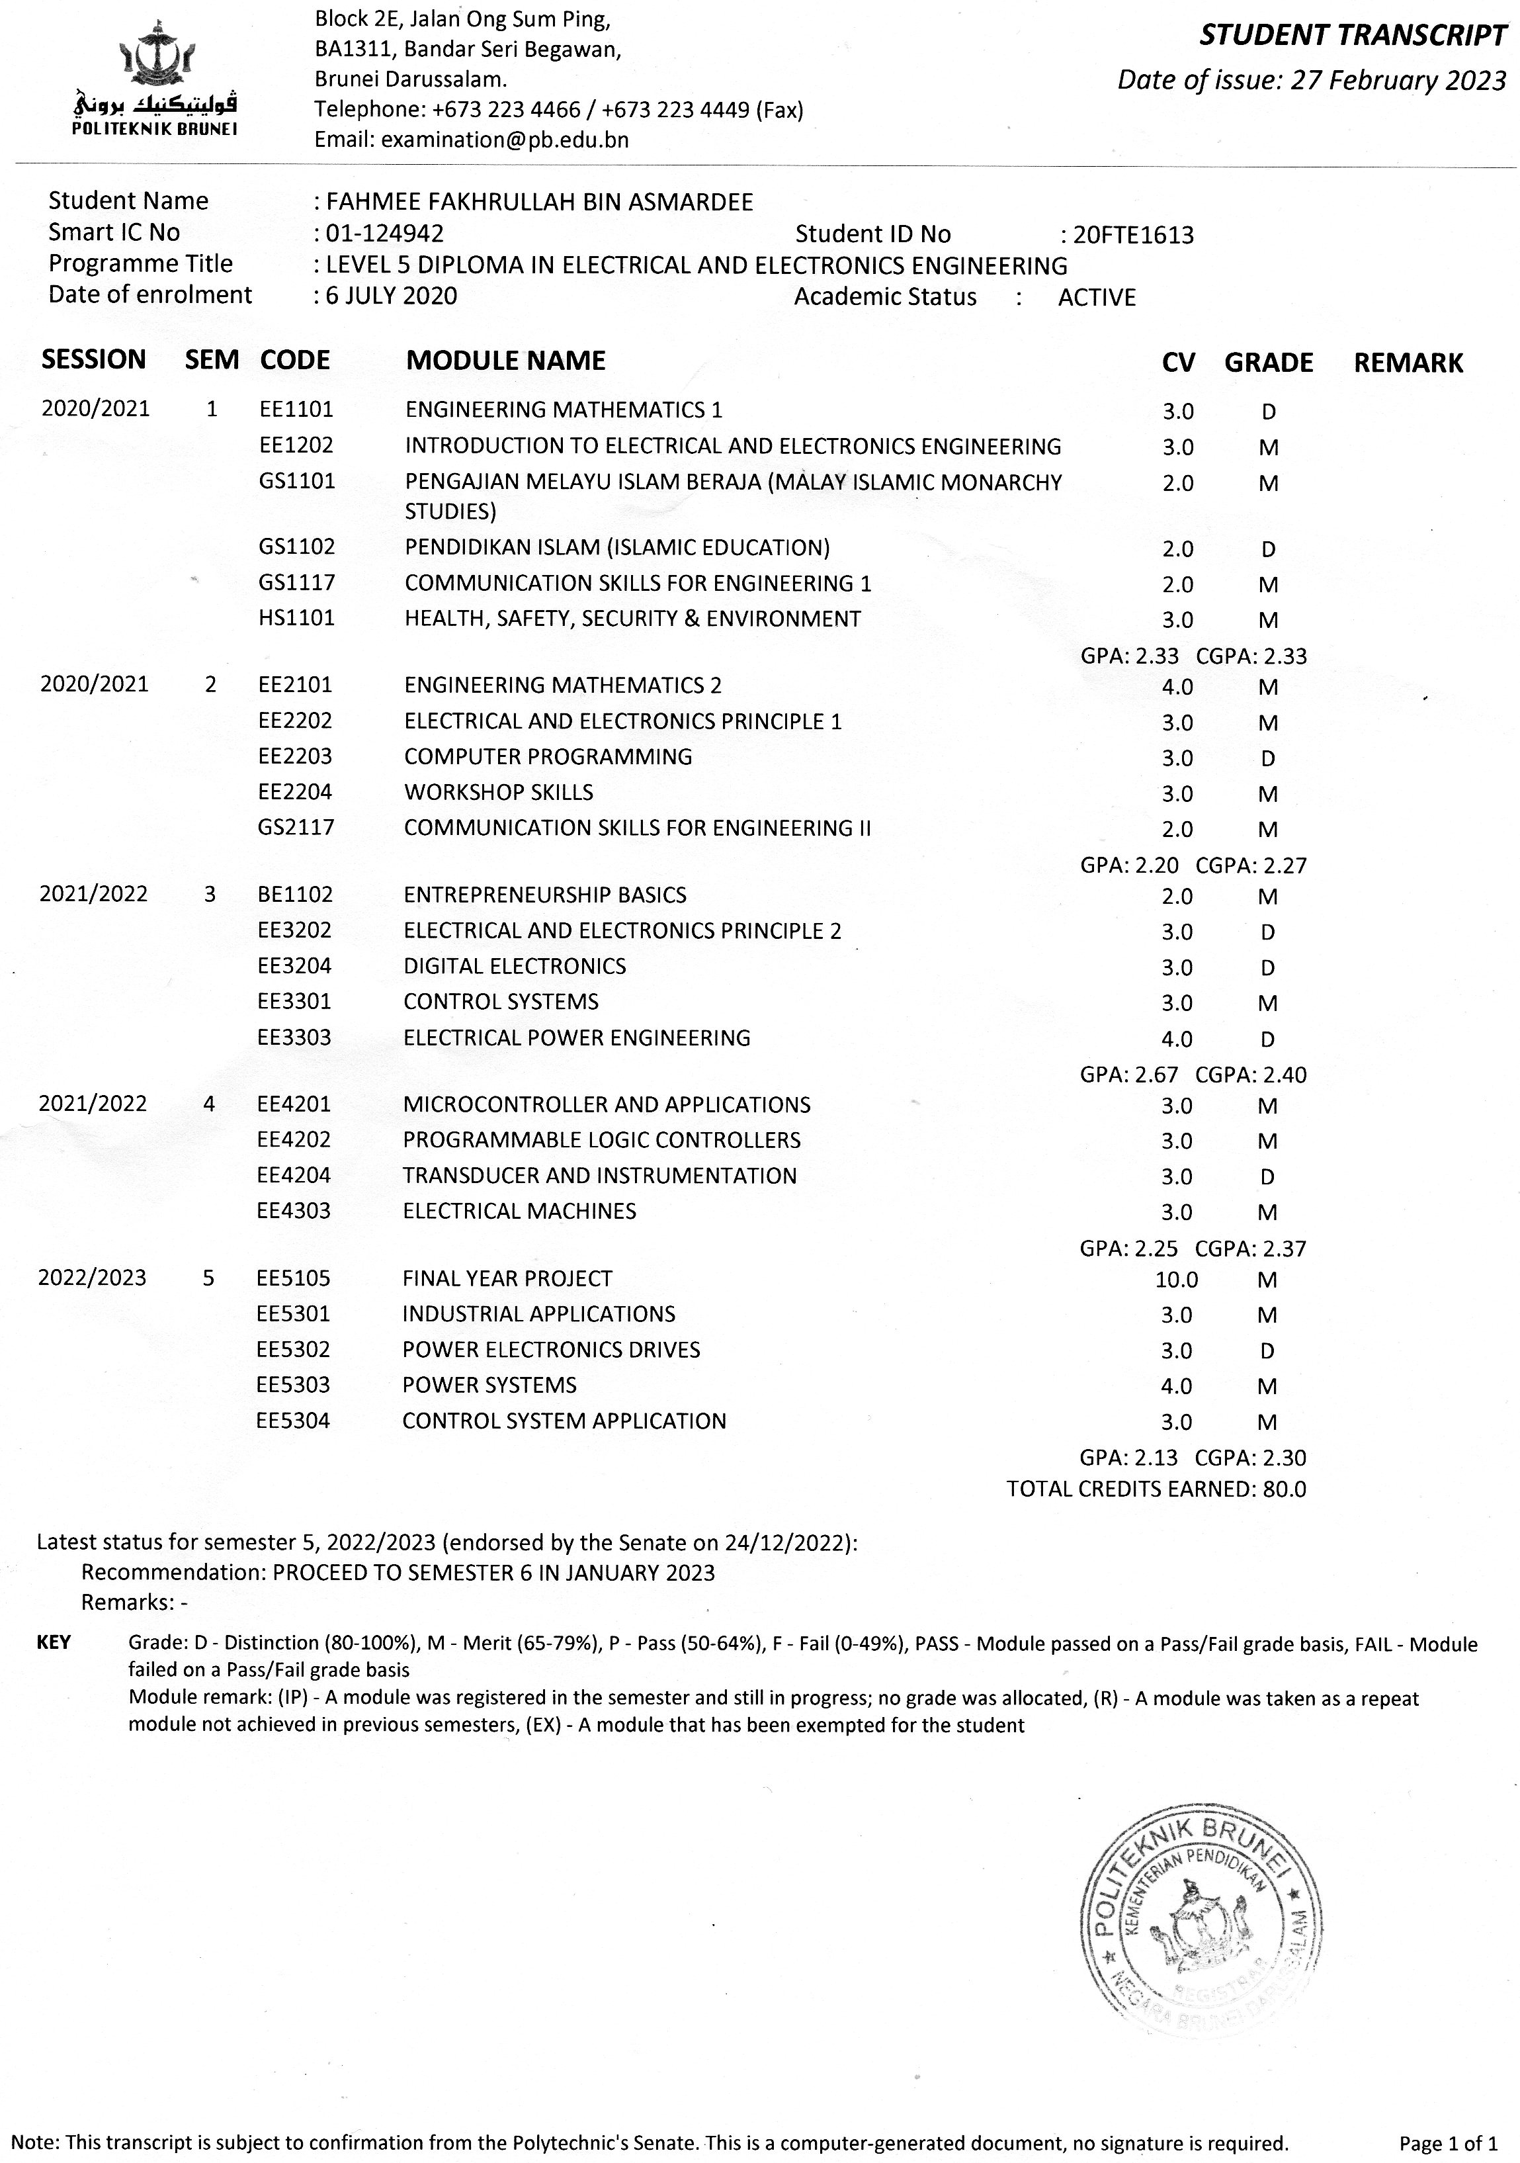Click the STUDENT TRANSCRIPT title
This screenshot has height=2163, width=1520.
click(x=1353, y=36)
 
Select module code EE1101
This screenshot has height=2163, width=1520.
click(x=296, y=410)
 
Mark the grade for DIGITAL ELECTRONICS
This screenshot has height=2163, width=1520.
click(x=1267, y=967)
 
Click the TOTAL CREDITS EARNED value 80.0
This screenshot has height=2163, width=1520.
click(x=1284, y=1489)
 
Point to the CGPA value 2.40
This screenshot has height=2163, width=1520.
click(x=1285, y=1075)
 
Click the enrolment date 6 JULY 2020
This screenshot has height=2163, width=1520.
click(x=391, y=296)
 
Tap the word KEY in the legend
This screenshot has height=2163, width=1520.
click(x=54, y=1642)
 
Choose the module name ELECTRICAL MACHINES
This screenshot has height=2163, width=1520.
click(x=519, y=1212)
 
